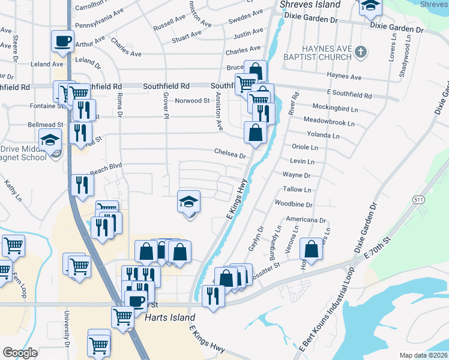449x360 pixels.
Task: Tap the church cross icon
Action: click(360, 52)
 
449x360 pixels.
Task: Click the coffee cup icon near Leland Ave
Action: click(62, 41)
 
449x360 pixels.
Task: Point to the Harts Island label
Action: click(170, 317)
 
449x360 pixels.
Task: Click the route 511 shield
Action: click(419, 199)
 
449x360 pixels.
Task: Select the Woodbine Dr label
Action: click(294, 205)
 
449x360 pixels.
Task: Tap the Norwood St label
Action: click(191, 101)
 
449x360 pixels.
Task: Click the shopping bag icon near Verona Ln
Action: click(311, 248)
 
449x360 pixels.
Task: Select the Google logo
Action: click(20, 353)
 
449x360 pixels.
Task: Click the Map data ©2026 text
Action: click(423, 355)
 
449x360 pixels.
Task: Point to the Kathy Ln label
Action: click(13, 190)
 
